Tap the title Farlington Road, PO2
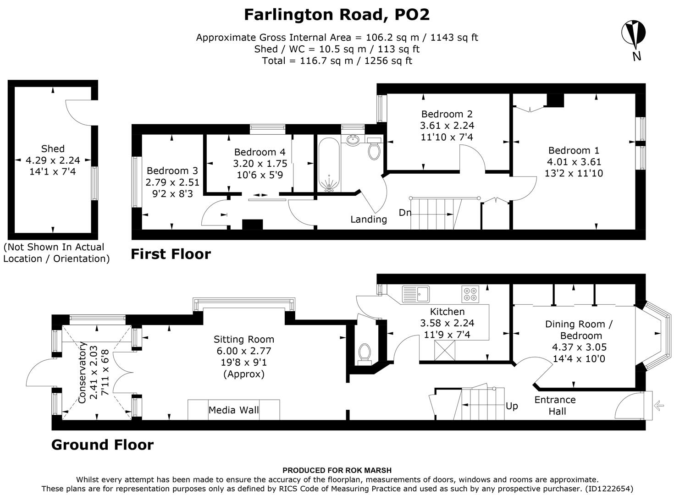(x=337, y=15)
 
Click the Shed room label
(x=53, y=148)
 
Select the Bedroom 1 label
(x=574, y=150)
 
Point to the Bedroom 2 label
(x=447, y=114)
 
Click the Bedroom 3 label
(x=172, y=170)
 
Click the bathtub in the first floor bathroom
(x=329, y=165)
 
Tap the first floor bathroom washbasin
(x=353, y=139)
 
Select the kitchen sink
(x=415, y=293)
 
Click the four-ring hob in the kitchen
(x=470, y=294)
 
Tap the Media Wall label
(x=233, y=410)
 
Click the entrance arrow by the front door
(x=659, y=405)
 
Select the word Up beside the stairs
(x=512, y=406)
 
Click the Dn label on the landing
(x=404, y=213)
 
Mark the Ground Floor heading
(x=102, y=445)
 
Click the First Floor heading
(x=171, y=254)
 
